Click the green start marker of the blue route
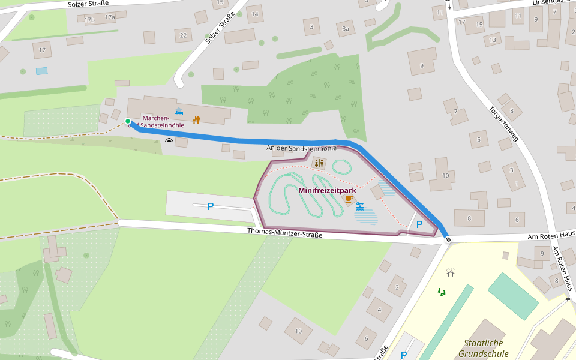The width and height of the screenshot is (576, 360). [x=128, y=122]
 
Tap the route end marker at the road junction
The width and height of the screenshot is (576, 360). [x=448, y=240]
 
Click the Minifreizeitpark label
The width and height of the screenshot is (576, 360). [x=327, y=190]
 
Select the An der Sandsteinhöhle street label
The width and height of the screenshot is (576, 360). [x=301, y=148]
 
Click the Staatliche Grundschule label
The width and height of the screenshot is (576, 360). [x=483, y=349]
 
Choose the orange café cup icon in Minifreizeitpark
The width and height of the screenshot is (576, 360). [x=349, y=198]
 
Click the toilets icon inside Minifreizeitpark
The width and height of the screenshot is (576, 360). [x=319, y=163]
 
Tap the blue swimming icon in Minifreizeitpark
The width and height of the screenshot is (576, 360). [x=360, y=206]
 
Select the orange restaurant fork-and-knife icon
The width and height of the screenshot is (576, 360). [x=196, y=119]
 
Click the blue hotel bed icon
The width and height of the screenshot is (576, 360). [x=179, y=112]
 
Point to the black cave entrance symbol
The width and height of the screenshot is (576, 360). [x=169, y=142]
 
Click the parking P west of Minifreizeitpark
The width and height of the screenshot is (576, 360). [x=210, y=206]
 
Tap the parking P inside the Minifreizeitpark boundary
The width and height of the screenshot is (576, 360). [x=419, y=224]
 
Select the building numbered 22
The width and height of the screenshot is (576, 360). [x=183, y=35]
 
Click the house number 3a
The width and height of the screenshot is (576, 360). [x=345, y=28]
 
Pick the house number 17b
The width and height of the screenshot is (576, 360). [x=90, y=20]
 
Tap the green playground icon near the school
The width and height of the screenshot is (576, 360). [x=442, y=292]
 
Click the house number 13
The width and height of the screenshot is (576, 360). [x=493, y=40]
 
